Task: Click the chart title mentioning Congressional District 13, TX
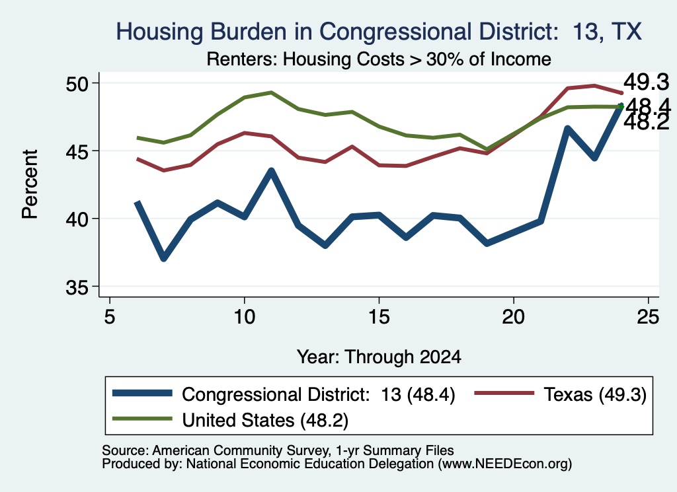(379, 32)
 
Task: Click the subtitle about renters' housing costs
(379, 59)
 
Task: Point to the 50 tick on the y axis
(77, 84)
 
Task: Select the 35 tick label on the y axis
(77, 288)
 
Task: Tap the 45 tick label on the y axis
(77, 151)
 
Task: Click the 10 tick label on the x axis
(245, 317)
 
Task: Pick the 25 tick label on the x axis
(649, 317)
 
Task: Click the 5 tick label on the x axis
(110, 317)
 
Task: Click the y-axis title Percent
(30, 184)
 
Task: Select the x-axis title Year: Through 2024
(379, 357)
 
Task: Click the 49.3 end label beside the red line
(646, 82)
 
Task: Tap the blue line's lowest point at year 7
(164, 258)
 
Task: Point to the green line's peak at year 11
(271, 92)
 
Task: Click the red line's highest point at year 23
(595, 85)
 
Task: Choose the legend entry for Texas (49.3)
(561, 394)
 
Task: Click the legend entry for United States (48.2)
(230, 420)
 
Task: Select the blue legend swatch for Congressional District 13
(142, 393)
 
